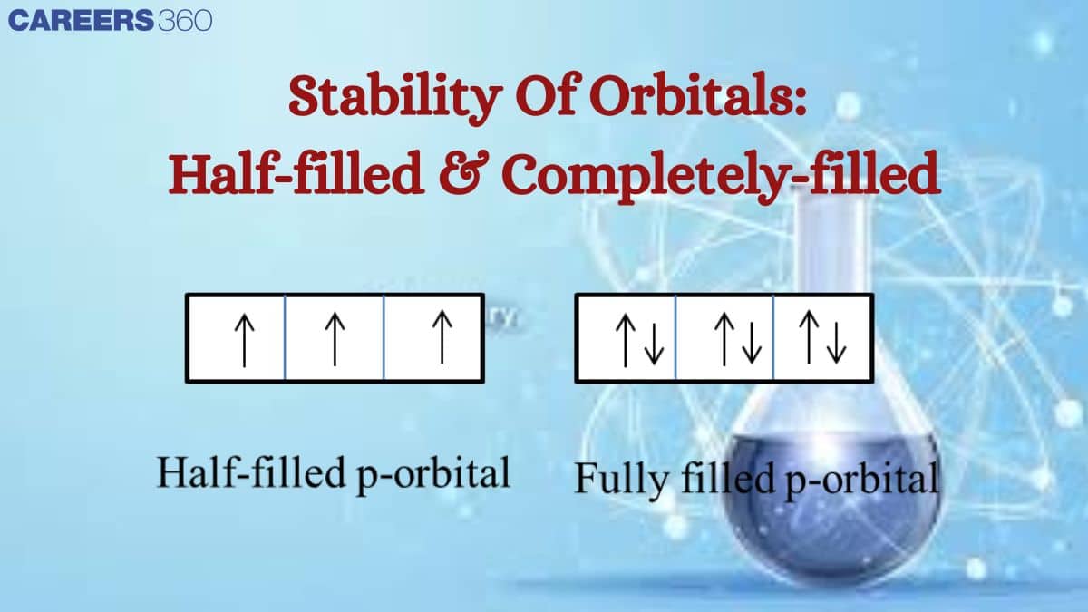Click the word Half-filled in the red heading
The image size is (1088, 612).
coord(296,172)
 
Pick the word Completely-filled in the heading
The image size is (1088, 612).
coord(723,175)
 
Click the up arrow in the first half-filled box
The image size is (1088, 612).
coord(244,340)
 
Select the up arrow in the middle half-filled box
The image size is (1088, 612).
coord(335,339)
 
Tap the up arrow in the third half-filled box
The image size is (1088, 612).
coord(442,337)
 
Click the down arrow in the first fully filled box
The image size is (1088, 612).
coord(654,344)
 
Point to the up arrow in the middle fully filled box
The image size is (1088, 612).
coord(724,339)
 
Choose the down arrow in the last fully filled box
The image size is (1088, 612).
coord(836,343)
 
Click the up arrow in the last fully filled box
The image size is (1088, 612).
coord(809,337)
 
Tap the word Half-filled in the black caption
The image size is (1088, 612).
coord(250,472)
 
